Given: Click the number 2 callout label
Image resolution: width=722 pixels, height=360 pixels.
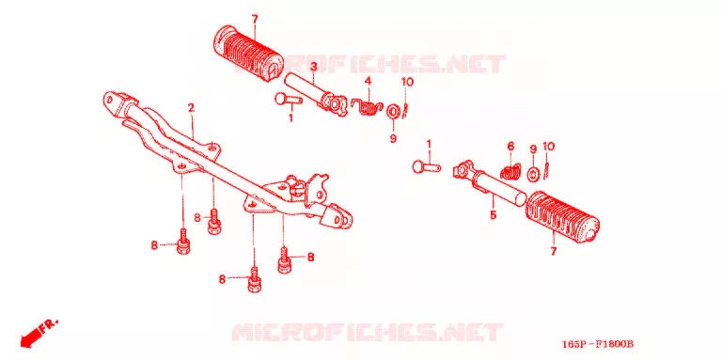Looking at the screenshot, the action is pos(191,108).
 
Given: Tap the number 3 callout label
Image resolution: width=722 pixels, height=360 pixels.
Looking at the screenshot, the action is pos(313,68).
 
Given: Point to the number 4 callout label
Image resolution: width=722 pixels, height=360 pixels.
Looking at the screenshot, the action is pos(368,82).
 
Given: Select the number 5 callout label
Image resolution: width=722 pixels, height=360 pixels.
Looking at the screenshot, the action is pos(494,214).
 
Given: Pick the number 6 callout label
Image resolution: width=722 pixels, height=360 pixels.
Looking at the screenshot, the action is pos(510,147).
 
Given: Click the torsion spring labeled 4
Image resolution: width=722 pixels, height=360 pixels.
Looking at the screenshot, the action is pos(367,108).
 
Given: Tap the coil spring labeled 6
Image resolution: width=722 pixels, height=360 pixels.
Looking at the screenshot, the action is pos(511,172).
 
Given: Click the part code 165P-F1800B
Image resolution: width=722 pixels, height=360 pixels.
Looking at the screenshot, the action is pos(598,344).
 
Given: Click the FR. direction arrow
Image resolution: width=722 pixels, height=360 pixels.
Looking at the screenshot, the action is pos(39,332).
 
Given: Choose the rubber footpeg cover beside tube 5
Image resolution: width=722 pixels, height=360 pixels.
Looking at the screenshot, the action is pos(562,216).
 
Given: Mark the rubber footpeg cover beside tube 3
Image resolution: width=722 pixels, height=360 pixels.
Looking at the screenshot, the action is pos(249,52).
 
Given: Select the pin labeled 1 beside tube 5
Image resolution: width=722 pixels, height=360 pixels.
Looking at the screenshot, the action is pos(427,166).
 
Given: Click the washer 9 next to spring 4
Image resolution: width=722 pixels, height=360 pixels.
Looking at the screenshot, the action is pos(394,112).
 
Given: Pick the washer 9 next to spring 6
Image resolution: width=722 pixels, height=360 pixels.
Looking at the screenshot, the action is pos(534,174).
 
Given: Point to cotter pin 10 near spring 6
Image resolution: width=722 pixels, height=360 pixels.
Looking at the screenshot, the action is pos(546,169).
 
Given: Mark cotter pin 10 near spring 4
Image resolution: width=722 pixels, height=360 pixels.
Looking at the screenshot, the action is pos(406,110).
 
